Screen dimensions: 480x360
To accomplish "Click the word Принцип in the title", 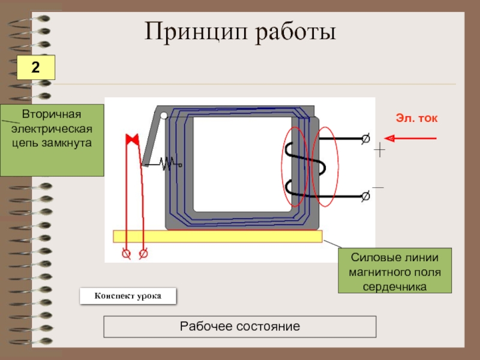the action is tap(196, 32).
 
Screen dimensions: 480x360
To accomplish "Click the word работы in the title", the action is tap(296, 32).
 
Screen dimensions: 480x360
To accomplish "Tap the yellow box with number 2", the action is tap(36, 67).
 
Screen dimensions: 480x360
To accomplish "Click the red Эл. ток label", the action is tap(416, 118).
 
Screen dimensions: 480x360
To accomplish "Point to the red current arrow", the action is tap(410, 139).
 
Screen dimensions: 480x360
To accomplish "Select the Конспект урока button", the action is tap(128, 296).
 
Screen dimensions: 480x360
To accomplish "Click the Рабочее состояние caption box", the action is tap(239, 326).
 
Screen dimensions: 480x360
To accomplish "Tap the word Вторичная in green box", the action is tap(52, 114).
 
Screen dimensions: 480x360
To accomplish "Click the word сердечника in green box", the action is tap(395, 287).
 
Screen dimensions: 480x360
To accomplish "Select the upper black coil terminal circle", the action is tap(365, 139).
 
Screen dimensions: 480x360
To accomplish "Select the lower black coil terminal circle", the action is tap(365, 196).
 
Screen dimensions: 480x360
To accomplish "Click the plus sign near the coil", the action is tap(380, 149).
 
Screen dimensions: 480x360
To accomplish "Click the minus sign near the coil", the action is tap(378, 187).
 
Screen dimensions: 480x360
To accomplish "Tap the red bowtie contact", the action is tap(132, 139).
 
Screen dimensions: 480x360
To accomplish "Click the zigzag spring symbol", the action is tap(167, 164).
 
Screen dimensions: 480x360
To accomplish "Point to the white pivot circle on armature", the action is tap(164, 115).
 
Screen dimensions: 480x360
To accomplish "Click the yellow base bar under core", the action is tap(218, 236).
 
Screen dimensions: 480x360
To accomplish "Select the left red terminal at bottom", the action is tap(126, 254).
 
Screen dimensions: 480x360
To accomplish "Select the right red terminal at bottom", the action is tap(143, 254).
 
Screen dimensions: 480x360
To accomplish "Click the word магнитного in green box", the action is tap(395, 272).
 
